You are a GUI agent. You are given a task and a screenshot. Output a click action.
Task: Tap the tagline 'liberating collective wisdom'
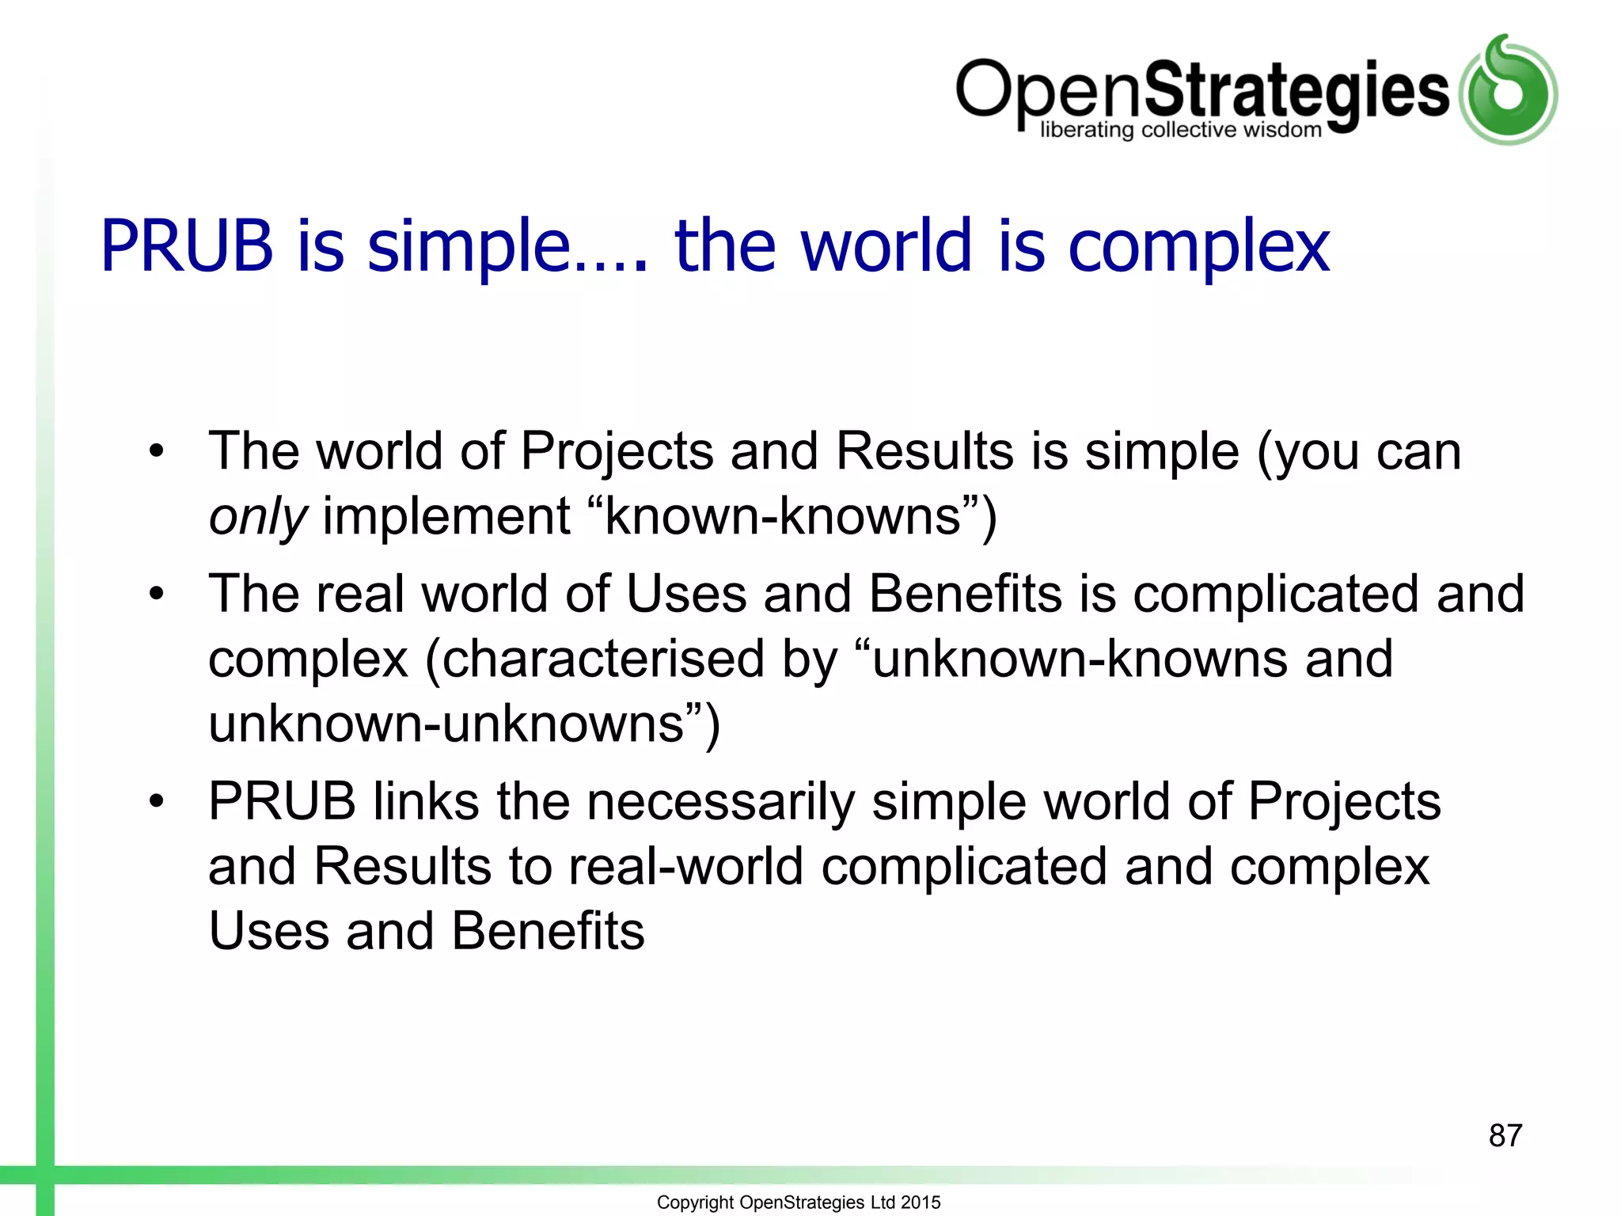[x=1180, y=131]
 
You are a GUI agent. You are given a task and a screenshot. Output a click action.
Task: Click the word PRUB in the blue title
[x=187, y=247]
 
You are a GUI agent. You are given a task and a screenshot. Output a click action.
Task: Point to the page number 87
[x=1505, y=1135]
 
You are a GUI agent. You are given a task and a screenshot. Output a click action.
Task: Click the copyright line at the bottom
[x=798, y=1202]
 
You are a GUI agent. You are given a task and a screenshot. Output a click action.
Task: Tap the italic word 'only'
[x=256, y=517]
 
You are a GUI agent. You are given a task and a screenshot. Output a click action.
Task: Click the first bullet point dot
[x=157, y=451]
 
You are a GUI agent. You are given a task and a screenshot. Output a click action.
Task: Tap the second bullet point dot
[x=157, y=594]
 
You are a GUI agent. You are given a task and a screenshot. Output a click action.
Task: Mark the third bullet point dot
[x=157, y=801]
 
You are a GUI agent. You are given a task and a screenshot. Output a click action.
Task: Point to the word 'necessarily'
[x=720, y=801]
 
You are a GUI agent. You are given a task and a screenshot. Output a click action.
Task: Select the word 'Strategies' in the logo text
[x=1296, y=91]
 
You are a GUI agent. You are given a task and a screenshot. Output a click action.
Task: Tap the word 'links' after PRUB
[x=426, y=801]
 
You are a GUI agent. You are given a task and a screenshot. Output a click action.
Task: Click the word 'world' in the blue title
[x=886, y=245]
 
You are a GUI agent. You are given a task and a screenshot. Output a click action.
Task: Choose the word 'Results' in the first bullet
[x=924, y=451]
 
